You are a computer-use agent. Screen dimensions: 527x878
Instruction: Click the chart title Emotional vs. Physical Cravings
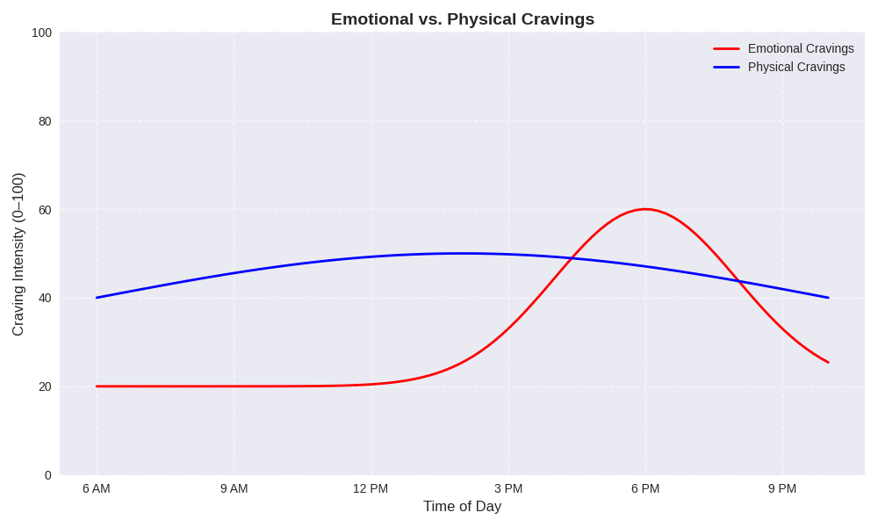[462, 19]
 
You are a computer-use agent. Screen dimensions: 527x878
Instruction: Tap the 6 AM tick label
[97, 488]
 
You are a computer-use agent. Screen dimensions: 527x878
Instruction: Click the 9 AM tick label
[234, 488]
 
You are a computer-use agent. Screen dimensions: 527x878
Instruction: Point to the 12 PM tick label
[371, 488]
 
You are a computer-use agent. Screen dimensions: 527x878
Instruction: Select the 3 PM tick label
[508, 488]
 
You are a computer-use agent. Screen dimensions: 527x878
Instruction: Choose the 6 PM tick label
[645, 488]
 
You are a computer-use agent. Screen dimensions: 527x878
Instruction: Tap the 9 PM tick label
[782, 488]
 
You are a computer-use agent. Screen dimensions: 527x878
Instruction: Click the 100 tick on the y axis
[42, 32]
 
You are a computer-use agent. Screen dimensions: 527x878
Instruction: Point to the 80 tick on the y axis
[45, 121]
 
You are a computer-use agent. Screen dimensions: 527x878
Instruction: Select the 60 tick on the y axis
[45, 210]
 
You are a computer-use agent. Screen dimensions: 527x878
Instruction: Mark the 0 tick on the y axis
[48, 475]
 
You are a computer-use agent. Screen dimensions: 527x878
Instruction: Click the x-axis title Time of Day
[462, 507]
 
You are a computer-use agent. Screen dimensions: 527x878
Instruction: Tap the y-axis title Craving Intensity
[18, 254]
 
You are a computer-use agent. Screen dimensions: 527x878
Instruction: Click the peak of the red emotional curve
[645, 209]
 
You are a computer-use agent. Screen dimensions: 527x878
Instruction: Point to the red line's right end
[828, 362]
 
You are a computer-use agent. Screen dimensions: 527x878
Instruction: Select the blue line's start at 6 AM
[97, 298]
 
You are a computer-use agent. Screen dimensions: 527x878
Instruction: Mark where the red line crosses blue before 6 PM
[572, 257]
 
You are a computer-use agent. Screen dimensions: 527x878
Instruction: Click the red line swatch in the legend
[726, 48]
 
